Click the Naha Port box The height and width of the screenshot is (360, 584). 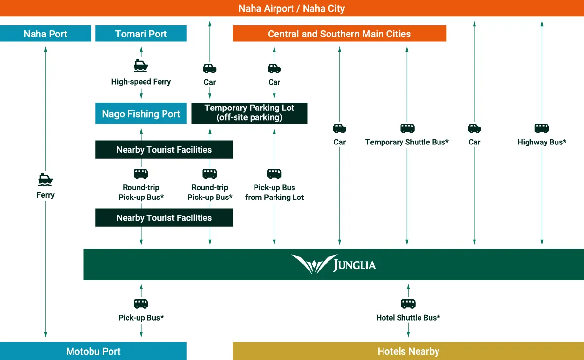click(45, 34)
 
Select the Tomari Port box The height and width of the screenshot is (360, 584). click(141, 34)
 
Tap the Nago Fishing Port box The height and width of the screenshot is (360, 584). click(141, 114)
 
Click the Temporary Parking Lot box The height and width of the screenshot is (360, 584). click(249, 113)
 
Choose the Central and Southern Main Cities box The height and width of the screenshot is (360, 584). click(339, 34)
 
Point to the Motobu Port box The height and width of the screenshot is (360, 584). click(93, 351)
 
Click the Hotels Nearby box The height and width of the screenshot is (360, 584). click(408, 351)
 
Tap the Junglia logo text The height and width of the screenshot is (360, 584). click(354, 265)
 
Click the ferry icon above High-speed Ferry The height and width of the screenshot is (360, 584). click(141, 66)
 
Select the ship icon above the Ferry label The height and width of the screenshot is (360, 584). click(45, 179)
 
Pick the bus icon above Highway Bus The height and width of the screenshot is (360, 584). click(542, 128)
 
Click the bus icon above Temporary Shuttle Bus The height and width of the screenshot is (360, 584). click(407, 128)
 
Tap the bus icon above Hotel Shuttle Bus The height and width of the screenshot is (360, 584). click(408, 304)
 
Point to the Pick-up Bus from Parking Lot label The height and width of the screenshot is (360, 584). click(274, 193)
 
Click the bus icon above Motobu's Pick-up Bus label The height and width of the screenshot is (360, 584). click(141, 304)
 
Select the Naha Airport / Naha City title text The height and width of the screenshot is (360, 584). click(292, 8)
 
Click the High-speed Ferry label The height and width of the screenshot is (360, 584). click(141, 82)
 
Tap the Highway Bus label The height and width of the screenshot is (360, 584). click(542, 142)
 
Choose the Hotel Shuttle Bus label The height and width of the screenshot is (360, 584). click(408, 318)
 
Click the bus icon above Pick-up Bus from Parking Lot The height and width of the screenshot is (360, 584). click(274, 174)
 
